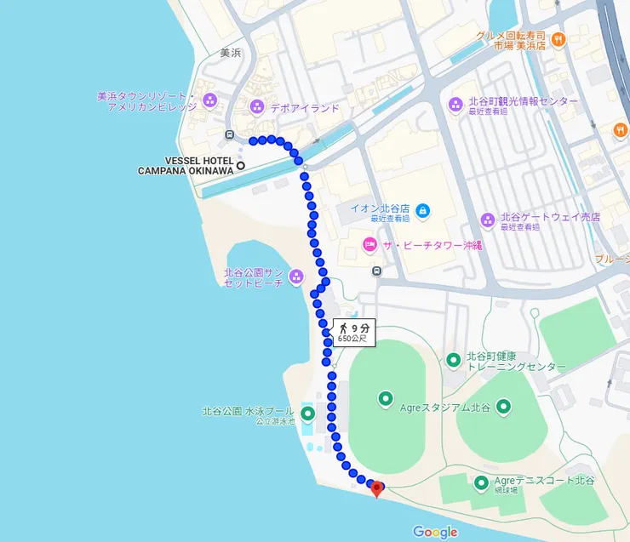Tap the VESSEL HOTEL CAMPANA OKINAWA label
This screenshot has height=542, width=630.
click(186, 165)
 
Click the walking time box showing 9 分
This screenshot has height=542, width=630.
click(353, 332)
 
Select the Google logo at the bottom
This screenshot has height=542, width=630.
click(435, 532)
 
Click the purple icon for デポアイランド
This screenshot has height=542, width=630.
click(257, 107)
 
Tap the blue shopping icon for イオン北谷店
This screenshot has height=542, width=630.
click(423, 209)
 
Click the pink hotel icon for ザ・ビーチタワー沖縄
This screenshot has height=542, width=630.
click(369, 245)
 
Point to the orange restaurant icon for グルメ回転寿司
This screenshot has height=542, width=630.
click(558, 38)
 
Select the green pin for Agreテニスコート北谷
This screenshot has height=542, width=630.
click(481, 483)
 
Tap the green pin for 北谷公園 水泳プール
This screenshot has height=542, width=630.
click(307, 414)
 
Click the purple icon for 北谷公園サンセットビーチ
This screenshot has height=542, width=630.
click(295, 276)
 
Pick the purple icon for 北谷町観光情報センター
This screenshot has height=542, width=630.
click(455, 104)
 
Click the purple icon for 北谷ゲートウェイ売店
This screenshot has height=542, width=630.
click(488, 220)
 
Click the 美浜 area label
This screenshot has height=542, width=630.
click(230, 53)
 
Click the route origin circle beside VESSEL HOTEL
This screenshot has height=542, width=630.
click(241, 165)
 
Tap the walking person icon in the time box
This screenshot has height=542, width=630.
click(344, 328)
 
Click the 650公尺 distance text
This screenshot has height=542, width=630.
click(352, 339)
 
